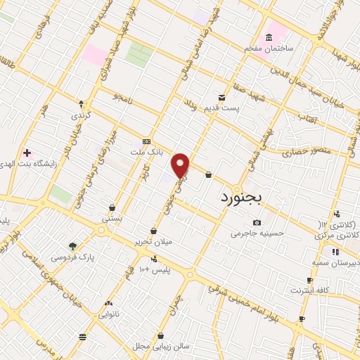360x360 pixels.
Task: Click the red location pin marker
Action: tap(181, 165)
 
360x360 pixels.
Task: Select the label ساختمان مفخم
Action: tap(267, 48)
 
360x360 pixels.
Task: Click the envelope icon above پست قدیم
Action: tap(222, 97)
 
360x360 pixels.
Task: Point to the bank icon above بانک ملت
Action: tap(146, 141)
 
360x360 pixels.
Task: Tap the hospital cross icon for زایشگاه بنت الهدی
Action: tap(27, 153)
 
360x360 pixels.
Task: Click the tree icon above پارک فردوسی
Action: tap(72, 246)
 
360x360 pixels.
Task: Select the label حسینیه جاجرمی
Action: tap(256, 232)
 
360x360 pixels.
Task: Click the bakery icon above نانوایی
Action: tap(108, 303)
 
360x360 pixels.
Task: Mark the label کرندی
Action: tap(81, 114)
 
